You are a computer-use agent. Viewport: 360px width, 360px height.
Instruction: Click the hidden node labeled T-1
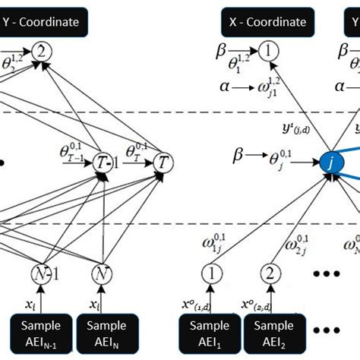coord(101,162)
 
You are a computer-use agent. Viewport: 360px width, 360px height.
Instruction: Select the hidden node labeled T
coord(163,162)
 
